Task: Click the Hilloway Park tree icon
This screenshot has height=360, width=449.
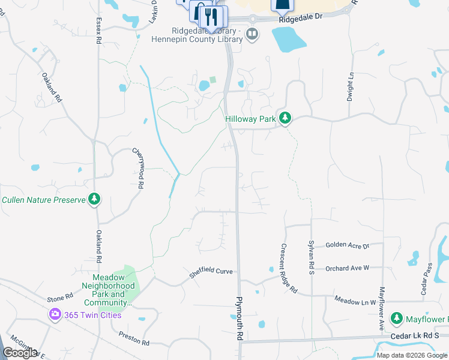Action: (x=285, y=119)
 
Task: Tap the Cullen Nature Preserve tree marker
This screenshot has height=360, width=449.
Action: (x=94, y=199)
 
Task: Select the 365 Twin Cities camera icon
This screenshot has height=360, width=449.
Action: (x=55, y=314)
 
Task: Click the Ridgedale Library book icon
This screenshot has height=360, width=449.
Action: (x=252, y=34)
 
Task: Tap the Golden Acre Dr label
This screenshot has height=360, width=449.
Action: (x=348, y=245)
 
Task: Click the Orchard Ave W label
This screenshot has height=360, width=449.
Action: (x=347, y=268)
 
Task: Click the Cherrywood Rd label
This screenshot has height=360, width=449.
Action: (x=139, y=169)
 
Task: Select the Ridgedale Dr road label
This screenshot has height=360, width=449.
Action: (x=301, y=17)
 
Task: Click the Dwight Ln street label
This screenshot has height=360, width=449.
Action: (x=350, y=87)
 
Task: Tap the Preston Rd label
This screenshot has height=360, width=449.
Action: (x=134, y=338)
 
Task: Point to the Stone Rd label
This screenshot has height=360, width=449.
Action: (x=60, y=296)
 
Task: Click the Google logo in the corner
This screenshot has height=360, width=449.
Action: (x=20, y=353)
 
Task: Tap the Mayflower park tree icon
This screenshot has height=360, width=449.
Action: (x=396, y=317)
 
